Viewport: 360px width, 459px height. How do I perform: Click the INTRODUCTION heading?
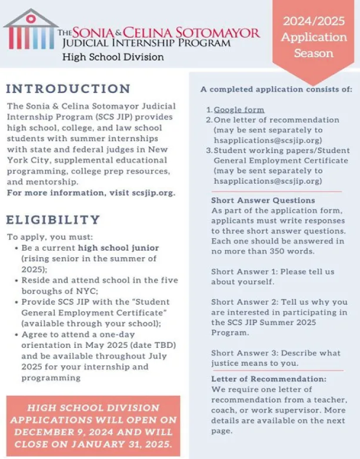68,89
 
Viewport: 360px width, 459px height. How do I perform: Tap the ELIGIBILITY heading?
54,219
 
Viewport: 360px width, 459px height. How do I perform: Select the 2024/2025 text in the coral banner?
314,22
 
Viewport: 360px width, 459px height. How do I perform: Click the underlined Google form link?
239,109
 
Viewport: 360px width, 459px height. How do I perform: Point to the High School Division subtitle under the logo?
113,57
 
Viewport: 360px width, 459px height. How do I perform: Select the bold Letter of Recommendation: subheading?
268,379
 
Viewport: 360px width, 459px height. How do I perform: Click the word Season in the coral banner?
314,53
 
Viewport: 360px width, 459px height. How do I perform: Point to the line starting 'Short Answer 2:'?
279,302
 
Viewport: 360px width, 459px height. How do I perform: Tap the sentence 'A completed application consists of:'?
276,89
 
